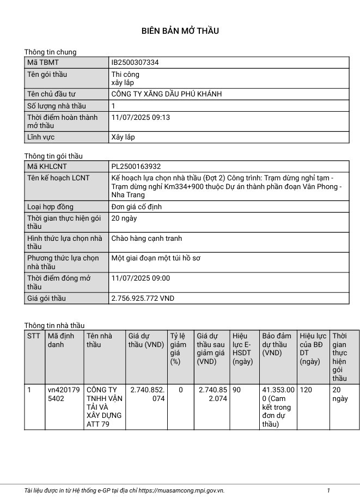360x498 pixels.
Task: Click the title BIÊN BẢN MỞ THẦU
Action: tap(180, 31)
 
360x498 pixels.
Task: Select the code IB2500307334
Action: tap(135, 63)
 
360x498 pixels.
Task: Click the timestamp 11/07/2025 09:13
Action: tap(141, 117)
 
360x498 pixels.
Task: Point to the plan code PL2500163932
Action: tap(136, 167)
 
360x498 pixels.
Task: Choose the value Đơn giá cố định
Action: tap(136, 207)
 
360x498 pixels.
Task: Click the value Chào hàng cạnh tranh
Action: tap(147, 239)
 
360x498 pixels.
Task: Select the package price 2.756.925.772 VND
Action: tap(143, 299)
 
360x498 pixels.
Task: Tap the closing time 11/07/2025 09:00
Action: tap(141, 278)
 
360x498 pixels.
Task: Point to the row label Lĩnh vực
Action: tap(41, 137)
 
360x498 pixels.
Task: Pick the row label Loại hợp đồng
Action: tap(50, 207)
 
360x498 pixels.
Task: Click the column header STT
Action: tap(34, 336)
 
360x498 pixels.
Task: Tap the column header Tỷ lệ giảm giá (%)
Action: tap(178, 349)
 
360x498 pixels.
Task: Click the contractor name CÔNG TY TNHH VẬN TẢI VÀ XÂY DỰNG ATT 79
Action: tap(104, 407)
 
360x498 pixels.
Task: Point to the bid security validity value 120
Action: tap(306, 390)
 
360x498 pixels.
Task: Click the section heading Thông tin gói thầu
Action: tap(53, 156)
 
